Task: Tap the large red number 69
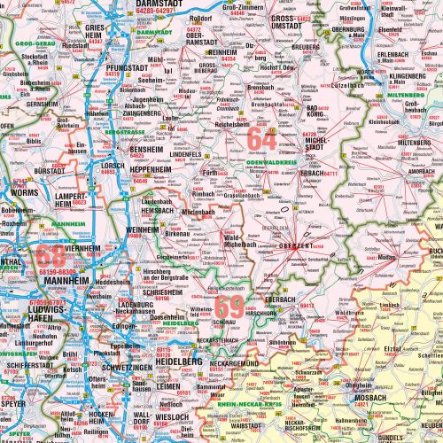coord(229,307)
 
